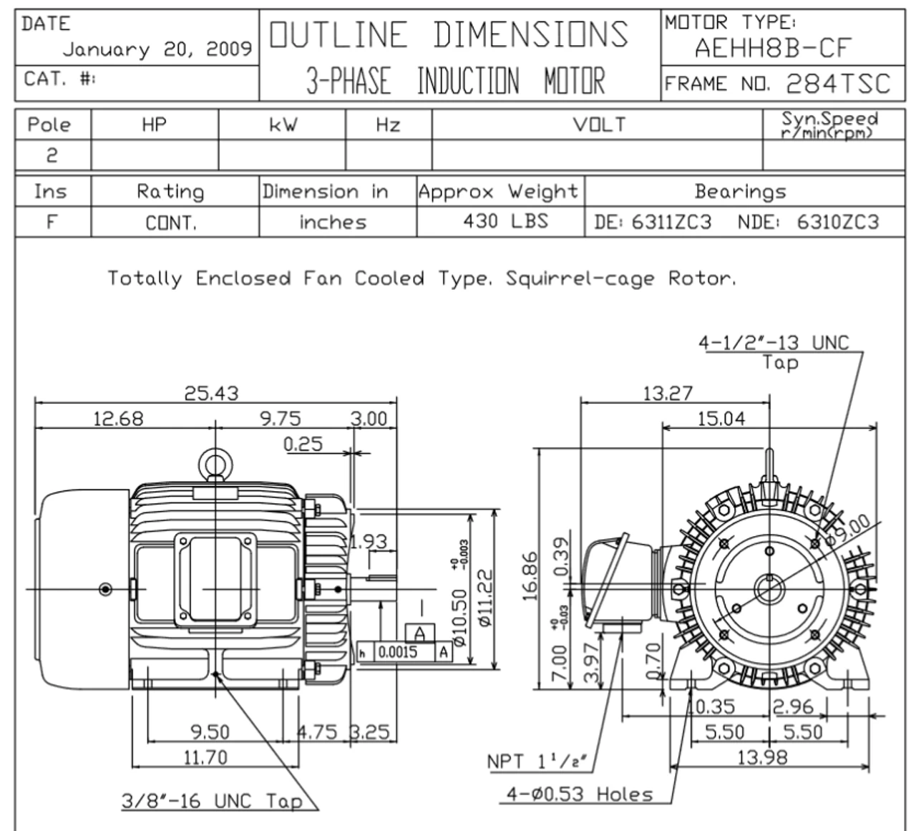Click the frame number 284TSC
coord(837,84)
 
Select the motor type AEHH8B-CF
coord(773,49)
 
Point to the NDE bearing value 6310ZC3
coord(837,222)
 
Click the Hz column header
coord(388,125)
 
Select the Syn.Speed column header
coord(829,125)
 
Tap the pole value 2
coord(52,155)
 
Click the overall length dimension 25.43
coord(212,394)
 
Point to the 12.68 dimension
coord(118,419)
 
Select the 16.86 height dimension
coord(531,575)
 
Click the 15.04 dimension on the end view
coord(721,419)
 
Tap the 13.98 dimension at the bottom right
coord(762,757)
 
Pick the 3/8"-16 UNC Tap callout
coord(212,801)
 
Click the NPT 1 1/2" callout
coord(537,762)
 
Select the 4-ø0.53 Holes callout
coord(580,794)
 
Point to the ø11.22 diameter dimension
coord(485,598)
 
